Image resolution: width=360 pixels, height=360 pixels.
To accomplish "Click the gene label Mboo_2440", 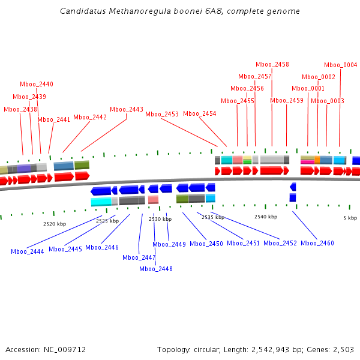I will (37, 85).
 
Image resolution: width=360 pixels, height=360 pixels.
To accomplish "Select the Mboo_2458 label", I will (272, 65).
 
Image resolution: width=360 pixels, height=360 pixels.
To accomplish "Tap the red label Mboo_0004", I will (340, 65).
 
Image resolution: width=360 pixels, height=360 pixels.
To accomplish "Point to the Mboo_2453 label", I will (162, 114).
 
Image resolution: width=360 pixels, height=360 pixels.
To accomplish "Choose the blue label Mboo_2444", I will (28, 251).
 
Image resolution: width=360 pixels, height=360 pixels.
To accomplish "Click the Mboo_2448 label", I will (156, 269).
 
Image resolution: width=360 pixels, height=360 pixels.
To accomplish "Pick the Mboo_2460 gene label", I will (317, 243).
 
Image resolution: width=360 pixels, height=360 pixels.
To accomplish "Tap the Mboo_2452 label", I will (280, 243).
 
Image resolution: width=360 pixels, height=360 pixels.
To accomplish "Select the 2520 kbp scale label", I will (55, 223).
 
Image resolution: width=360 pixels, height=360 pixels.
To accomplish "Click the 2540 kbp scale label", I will (266, 217).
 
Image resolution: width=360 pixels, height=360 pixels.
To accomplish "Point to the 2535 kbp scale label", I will (213, 217).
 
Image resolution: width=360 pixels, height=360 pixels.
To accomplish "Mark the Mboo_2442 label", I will (90, 118).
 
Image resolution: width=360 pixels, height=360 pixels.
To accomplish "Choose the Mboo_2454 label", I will (200, 114).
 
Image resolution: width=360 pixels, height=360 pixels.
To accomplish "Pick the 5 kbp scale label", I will (350, 217).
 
